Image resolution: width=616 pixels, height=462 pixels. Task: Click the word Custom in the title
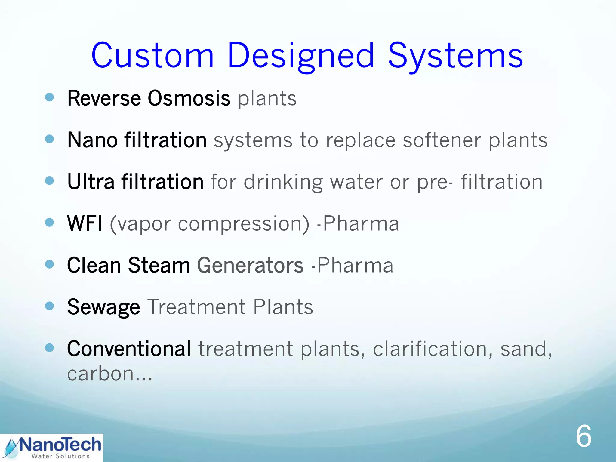tap(152, 56)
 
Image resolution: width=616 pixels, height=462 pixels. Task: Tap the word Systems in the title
tap(455, 56)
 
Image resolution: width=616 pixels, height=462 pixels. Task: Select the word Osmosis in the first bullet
tap(189, 98)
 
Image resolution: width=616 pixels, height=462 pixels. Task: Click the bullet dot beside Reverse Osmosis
tap(49, 97)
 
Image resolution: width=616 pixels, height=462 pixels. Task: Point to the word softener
tap(442, 140)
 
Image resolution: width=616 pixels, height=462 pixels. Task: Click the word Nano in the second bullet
tap(92, 140)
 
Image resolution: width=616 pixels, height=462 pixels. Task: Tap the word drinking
tap(283, 182)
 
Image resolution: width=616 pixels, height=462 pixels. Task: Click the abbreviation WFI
tap(85, 223)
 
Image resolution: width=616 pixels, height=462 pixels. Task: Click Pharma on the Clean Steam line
tap(355, 265)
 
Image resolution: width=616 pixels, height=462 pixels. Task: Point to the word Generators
tap(250, 265)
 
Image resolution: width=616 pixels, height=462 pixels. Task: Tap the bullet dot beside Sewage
tap(49, 306)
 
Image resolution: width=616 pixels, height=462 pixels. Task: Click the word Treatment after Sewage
tap(197, 307)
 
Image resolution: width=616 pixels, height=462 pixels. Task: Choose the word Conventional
tap(129, 349)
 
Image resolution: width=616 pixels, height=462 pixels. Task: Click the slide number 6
tap(583, 436)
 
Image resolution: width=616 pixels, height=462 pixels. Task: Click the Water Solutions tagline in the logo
tap(60, 456)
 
